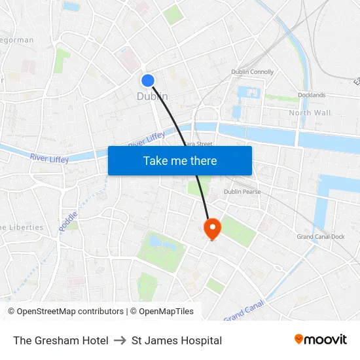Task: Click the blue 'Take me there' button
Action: pyautogui.click(x=180, y=160)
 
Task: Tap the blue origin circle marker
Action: pyautogui.click(x=148, y=80)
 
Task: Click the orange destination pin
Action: pyautogui.click(x=213, y=228)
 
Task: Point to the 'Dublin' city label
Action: pyautogui.click(x=152, y=96)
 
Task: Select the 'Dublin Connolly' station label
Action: pyautogui.click(x=252, y=72)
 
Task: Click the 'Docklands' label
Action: pyautogui.click(x=311, y=95)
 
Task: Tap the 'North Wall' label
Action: pyautogui.click(x=310, y=113)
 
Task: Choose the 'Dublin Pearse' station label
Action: pyautogui.click(x=242, y=192)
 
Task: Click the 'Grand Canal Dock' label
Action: pyautogui.click(x=321, y=236)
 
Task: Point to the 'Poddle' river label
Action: pyautogui.click(x=69, y=220)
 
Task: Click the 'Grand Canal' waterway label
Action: pyautogui.click(x=243, y=310)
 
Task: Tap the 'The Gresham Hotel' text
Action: pyautogui.click(x=61, y=340)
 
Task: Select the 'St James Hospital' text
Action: pyautogui.click(x=177, y=340)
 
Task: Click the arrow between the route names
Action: pyautogui.click(x=120, y=340)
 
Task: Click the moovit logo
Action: pyautogui.click(x=320, y=339)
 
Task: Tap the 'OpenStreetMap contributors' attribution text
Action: pyautogui.click(x=69, y=312)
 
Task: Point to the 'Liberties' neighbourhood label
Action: pyautogui.click(x=23, y=227)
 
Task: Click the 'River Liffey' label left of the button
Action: pyautogui.click(x=49, y=158)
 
